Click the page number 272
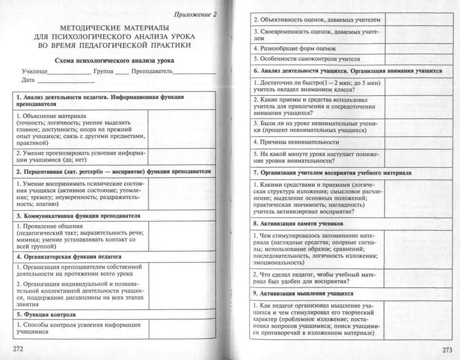(x=19, y=349)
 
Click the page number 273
(x=447, y=350)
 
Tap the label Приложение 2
(x=195, y=14)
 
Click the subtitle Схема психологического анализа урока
(x=114, y=60)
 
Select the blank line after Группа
(x=122, y=72)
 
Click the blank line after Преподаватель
(x=194, y=72)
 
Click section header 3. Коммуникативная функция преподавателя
(x=79, y=216)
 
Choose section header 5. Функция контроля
(x=46, y=315)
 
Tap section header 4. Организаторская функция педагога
(x=69, y=256)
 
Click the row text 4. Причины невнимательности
(x=296, y=142)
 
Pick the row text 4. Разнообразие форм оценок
(x=295, y=48)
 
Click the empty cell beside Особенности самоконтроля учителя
(x=419, y=59)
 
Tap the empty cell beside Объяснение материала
(x=181, y=129)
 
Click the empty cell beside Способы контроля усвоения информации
(x=181, y=329)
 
